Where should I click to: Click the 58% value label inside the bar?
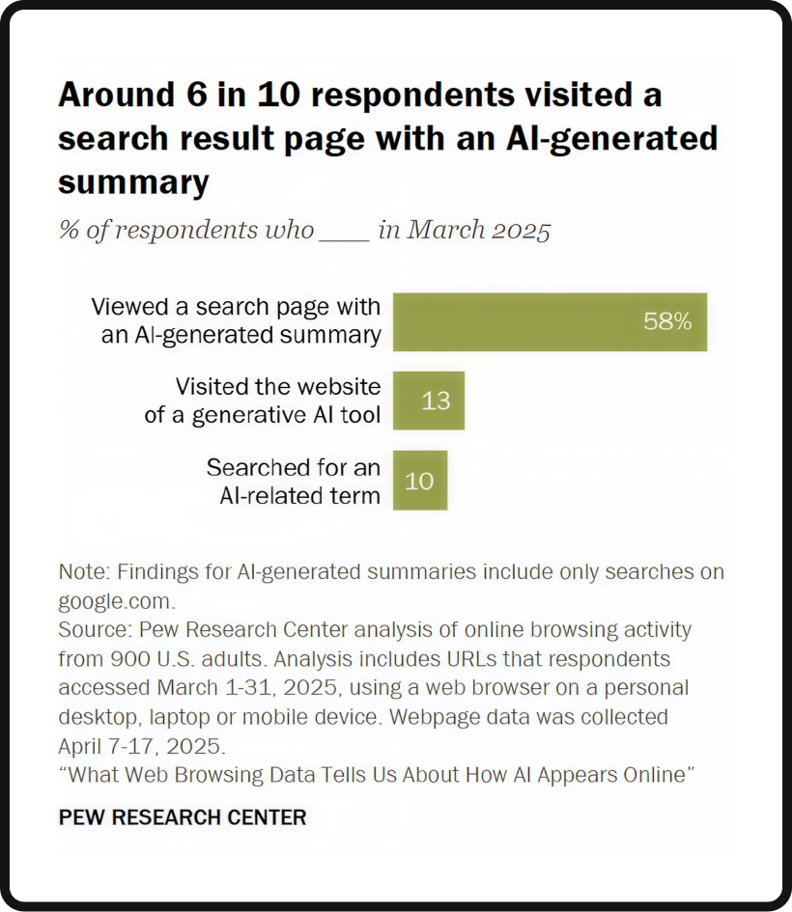click(667, 322)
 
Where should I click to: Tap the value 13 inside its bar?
click(436, 401)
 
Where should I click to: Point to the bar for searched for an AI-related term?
click(419, 480)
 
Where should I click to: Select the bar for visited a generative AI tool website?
click(428, 401)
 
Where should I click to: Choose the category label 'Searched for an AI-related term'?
click(293, 480)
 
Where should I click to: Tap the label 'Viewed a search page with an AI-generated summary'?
click(236, 321)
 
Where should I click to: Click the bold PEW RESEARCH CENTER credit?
click(183, 817)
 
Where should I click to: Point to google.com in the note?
click(114, 600)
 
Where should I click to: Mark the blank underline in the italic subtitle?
click(345, 232)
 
